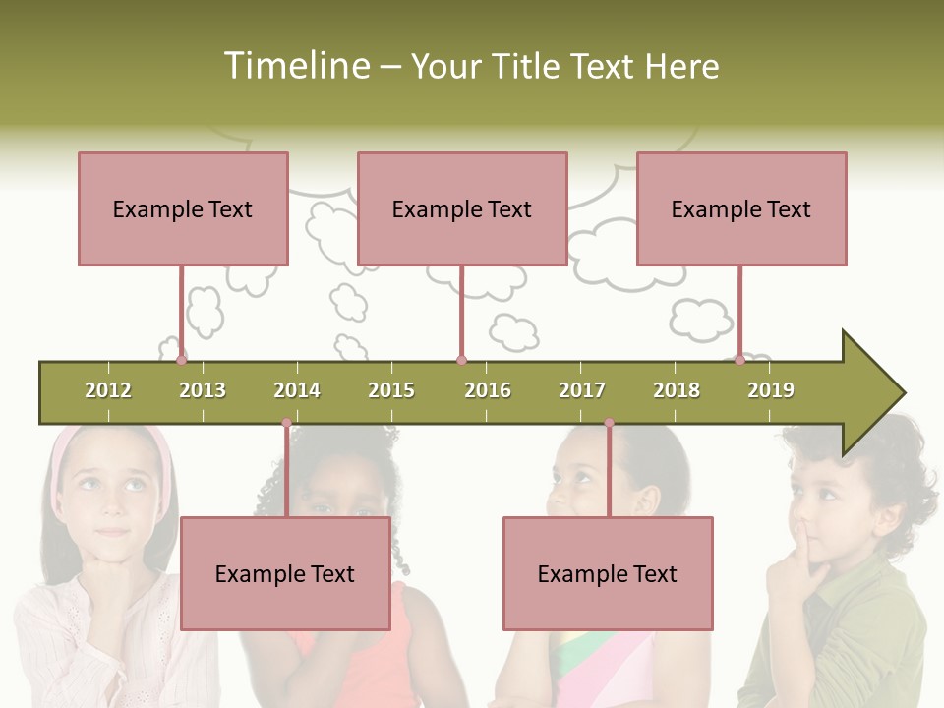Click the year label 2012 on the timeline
click(x=108, y=390)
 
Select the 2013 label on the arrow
click(x=203, y=390)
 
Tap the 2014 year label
click(x=297, y=390)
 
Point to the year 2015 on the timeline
click(x=391, y=390)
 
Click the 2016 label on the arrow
click(x=488, y=390)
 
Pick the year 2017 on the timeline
click(x=582, y=390)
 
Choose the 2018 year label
click(x=677, y=390)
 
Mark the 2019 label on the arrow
click(x=771, y=390)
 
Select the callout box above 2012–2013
click(x=183, y=208)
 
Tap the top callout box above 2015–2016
click(x=462, y=208)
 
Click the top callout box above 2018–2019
click(x=741, y=208)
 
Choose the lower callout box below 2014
click(x=285, y=573)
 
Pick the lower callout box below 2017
click(x=608, y=573)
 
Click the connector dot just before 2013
click(x=182, y=360)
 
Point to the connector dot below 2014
click(x=287, y=423)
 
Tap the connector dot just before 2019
click(x=740, y=360)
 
